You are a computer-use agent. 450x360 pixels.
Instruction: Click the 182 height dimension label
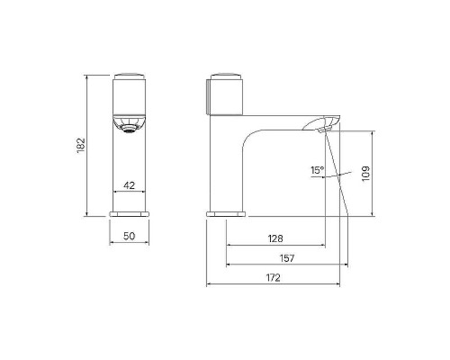coord(81,145)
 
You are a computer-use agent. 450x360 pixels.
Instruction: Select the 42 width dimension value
coord(130,185)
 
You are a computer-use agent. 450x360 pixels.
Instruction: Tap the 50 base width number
coord(130,236)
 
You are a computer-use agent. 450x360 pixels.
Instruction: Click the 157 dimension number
coord(287,258)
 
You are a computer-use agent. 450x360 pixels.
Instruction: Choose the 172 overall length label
coord(273,277)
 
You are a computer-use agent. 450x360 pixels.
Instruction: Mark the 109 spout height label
coord(365,174)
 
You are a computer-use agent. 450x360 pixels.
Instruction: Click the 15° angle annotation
coord(318,170)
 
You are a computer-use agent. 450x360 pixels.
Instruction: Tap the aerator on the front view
coord(130,129)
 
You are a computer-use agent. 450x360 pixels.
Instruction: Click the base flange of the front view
coord(130,213)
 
